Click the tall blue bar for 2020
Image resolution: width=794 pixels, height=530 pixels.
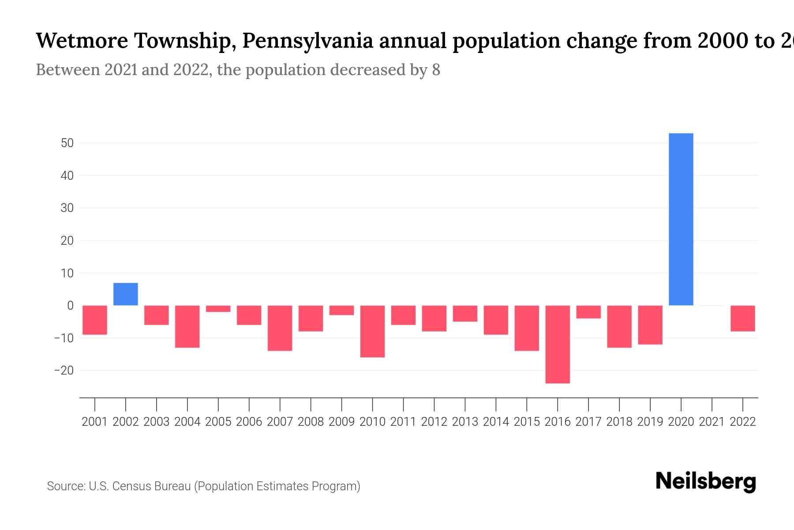[681, 220]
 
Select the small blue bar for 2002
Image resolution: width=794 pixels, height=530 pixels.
[126, 294]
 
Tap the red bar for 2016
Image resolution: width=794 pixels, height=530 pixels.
[558, 344]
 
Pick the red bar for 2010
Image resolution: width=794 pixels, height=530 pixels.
[372, 331]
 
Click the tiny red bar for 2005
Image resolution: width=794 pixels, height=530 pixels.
[218, 309]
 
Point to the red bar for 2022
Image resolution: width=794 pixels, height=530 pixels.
[743, 318]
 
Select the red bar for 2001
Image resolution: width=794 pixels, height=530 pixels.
[95, 320]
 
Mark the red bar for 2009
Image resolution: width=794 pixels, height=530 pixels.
[341, 310]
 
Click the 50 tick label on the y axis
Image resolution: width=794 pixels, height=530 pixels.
[67, 143]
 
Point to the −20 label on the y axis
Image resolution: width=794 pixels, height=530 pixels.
[64, 370]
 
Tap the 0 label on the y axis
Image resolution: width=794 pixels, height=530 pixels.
[70, 306]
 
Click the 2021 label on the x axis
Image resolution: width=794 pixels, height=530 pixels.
[712, 422]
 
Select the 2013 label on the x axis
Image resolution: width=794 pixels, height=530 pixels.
[465, 422]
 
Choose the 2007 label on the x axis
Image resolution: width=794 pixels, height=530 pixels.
[280, 422]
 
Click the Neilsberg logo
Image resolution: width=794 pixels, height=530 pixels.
[706, 481]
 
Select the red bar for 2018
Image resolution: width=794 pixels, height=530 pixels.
[619, 326]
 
